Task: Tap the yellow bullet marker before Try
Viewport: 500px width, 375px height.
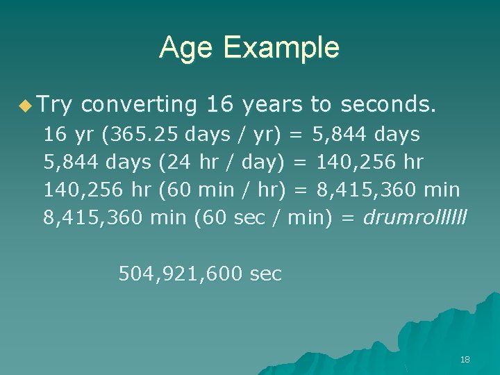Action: click(x=26, y=106)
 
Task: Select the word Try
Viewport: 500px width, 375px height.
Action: click(x=56, y=105)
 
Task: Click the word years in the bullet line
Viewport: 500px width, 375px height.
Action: click(x=272, y=105)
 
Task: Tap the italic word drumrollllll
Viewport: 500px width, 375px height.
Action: click(x=415, y=217)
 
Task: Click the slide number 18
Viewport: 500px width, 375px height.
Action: click(x=465, y=360)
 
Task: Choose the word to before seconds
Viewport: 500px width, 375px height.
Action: click(x=320, y=105)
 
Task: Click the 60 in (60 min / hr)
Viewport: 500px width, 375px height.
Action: click(x=178, y=190)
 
